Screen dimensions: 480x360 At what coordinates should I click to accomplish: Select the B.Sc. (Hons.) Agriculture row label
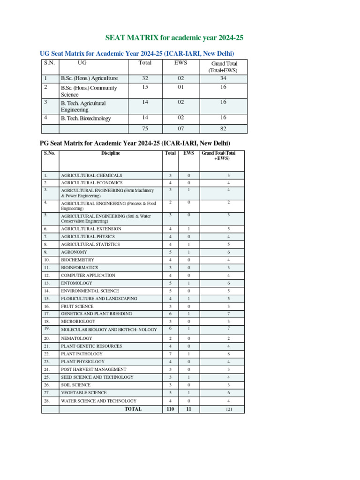(x=89, y=78)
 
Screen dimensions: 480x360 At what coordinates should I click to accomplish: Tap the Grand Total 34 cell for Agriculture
(x=223, y=78)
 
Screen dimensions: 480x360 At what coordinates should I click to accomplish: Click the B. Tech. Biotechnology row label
(x=86, y=119)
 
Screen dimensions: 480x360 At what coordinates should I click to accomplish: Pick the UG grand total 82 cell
(x=223, y=129)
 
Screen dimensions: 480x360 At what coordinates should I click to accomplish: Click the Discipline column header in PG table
(x=110, y=153)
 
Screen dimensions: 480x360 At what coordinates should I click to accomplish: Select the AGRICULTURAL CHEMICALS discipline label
(x=91, y=175)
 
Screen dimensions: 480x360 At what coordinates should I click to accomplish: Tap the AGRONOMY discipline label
(x=74, y=252)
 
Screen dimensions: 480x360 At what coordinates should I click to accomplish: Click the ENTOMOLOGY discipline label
(x=76, y=283)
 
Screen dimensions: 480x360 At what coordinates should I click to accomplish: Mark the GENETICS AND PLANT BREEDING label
(x=96, y=314)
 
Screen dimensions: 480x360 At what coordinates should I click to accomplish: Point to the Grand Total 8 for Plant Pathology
(x=228, y=354)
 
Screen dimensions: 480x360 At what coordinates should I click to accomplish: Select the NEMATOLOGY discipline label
(x=76, y=338)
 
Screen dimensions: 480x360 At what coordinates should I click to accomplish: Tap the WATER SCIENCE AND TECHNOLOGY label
(x=98, y=401)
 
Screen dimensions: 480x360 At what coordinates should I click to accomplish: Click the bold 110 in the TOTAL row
(x=170, y=409)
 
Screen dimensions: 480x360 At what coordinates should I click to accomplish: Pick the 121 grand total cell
(x=228, y=409)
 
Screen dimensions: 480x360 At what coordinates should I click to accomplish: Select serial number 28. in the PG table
(x=46, y=401)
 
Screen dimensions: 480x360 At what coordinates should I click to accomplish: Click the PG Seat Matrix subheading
(x=134, y=142)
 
